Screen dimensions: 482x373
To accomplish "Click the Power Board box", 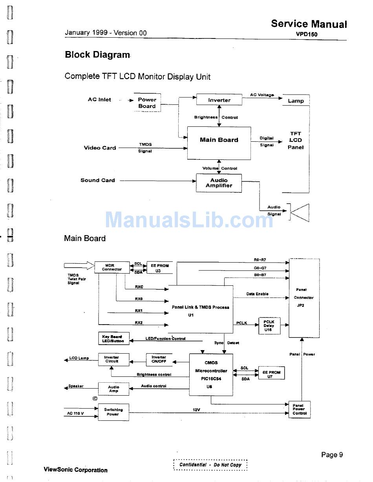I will (147, 103).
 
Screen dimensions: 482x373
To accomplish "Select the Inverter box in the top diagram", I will (219, 100).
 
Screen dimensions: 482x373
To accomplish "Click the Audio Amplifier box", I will (219, 183).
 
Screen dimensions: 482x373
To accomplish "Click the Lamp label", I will (296, 101).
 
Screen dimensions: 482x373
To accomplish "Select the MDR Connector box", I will (112, 267).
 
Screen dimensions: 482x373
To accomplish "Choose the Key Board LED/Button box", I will (113, 339).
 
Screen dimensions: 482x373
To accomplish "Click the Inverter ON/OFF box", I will (159, 359).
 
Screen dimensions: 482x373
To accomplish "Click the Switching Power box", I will (113, 412).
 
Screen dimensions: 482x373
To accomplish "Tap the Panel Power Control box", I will (299, 409).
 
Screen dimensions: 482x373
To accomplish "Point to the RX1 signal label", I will (138, 310).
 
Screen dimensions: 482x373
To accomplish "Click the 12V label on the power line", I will (196, 410).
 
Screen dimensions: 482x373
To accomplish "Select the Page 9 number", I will (332, 455).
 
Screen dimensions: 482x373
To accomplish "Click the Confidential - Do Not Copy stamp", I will (210, 465).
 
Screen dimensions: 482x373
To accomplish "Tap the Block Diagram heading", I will (97, 55).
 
